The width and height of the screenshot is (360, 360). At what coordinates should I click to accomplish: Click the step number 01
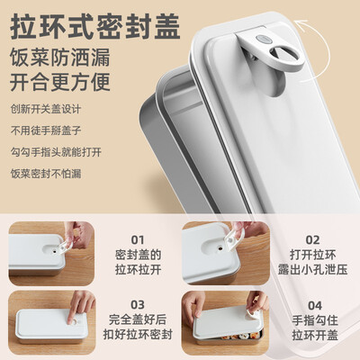137,239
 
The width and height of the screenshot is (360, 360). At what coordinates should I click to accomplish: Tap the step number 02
313,239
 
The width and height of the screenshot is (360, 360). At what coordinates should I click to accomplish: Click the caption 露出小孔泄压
313,273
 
